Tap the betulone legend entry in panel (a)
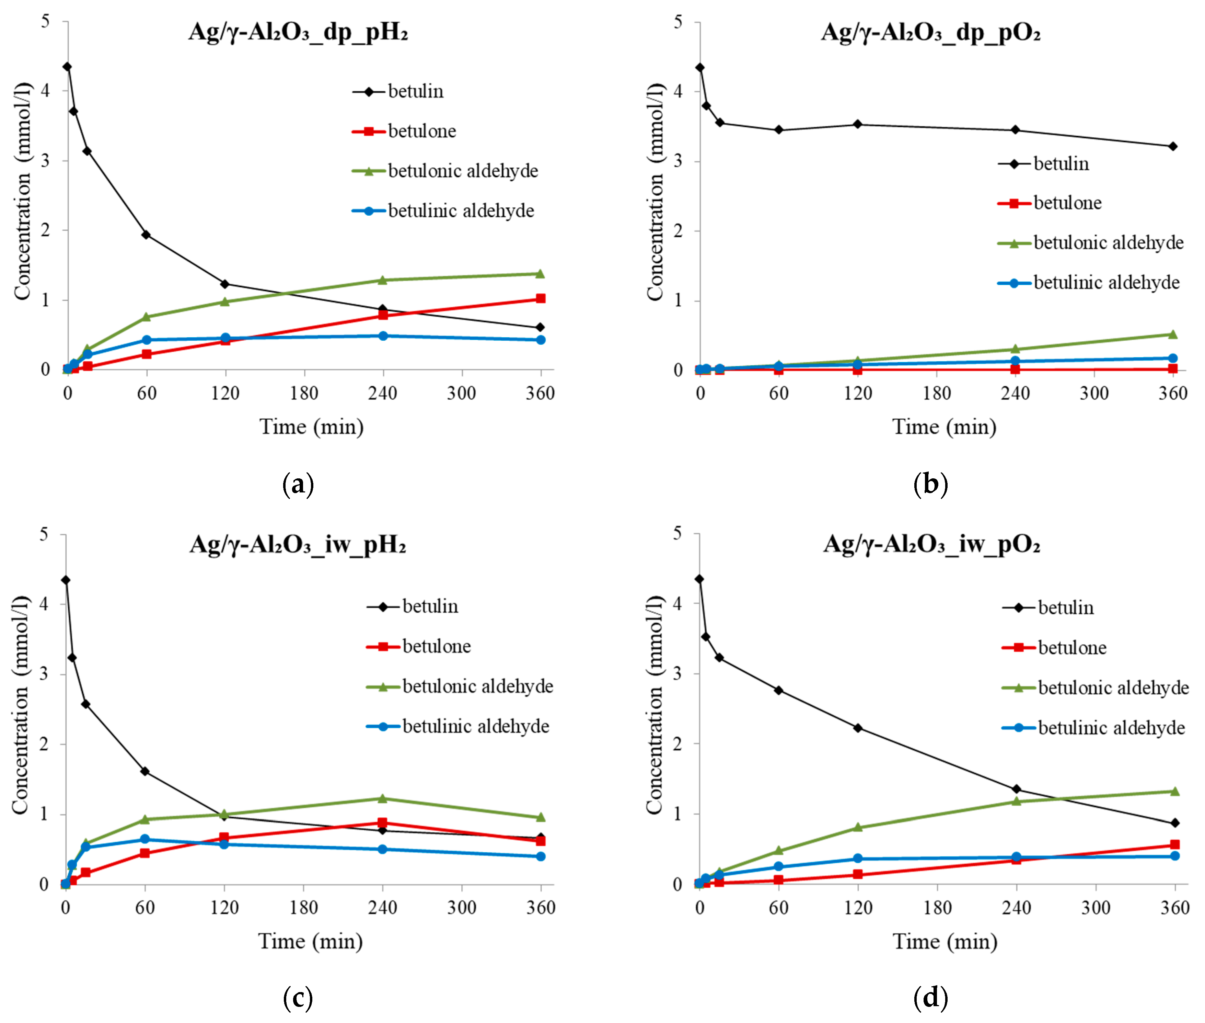421,131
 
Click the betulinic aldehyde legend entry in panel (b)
1106,282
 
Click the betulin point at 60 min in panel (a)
146,235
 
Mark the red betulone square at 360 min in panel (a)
540,299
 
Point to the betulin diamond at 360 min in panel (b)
1172,146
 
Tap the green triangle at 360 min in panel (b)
1172,334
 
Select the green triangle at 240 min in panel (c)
382,798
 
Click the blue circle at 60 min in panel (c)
145,839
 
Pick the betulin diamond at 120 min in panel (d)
858,728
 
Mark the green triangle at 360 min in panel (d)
1174,792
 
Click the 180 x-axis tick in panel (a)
304,393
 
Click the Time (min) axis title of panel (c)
310,941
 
